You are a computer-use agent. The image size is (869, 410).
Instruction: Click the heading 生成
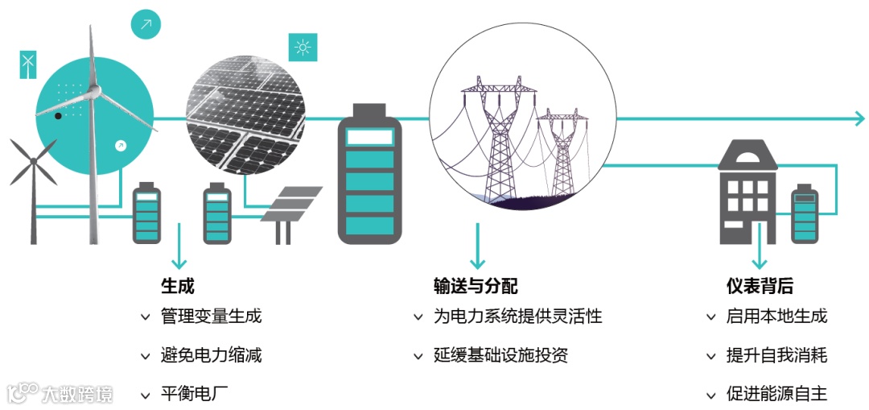tap(177, 286)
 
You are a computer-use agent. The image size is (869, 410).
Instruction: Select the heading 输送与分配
tap(475, 286)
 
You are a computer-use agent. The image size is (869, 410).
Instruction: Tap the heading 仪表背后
tap(760, 286)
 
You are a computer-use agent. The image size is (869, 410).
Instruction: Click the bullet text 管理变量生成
tap(211, 316)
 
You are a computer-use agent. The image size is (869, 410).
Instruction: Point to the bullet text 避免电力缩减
tap(211, 355)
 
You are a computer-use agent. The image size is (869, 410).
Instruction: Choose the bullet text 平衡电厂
tap(194, 395)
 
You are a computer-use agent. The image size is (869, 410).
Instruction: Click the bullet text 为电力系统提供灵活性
tap(517, 316)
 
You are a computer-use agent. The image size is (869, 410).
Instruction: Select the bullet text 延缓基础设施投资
tap(500, 355)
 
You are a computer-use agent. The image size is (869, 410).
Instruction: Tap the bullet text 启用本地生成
tap(776, 316)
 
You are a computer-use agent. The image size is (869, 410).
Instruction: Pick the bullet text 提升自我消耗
tap(776, 355)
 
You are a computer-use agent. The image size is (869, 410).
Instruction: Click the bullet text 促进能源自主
tap(776, 395)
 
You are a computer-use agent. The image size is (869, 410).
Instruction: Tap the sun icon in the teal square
tap(303, 48)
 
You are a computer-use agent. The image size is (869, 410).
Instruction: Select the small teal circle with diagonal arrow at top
tap(146, 24)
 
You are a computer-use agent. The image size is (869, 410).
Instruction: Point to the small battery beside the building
tap(805, 213)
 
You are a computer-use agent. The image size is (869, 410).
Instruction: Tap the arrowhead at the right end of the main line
tap(859, 118)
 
